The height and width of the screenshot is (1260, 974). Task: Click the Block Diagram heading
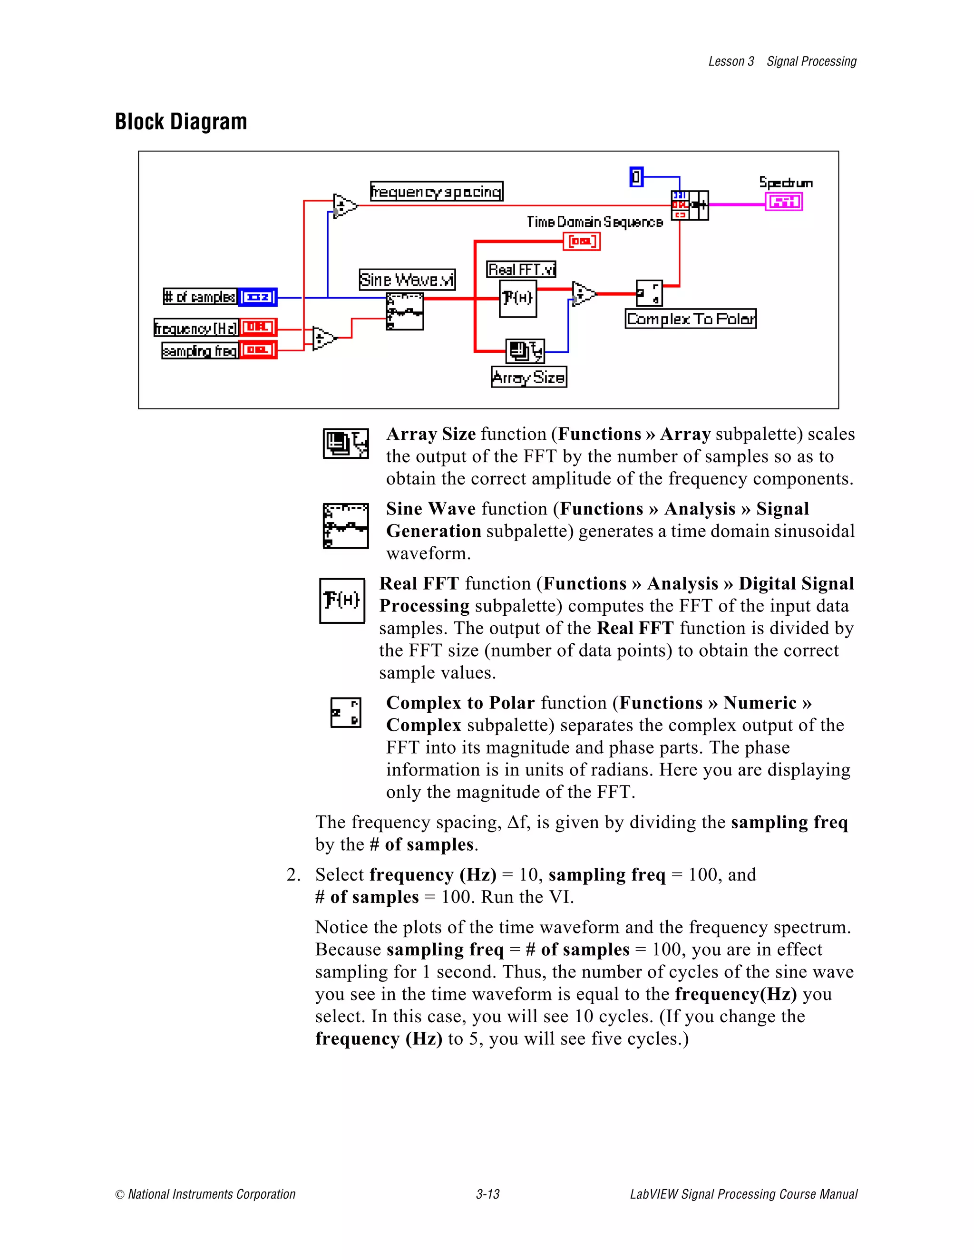[181, 122]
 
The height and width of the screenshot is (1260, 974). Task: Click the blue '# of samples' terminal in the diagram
[257, 297]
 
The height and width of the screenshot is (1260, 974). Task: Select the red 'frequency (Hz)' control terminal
[258, 328]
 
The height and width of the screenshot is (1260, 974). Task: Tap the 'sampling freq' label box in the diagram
[200, 351]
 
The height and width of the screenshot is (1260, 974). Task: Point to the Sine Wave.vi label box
[407, 280]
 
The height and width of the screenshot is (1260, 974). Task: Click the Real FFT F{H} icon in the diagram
[517, 298]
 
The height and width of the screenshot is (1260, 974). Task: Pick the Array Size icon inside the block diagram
[525, 351]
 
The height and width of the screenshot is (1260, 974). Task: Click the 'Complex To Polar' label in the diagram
[690, 319]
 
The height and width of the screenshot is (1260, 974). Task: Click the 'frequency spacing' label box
[436, 191]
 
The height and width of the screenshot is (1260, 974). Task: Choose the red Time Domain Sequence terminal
[582, 241]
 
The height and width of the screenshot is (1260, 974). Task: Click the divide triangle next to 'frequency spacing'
[344, 205]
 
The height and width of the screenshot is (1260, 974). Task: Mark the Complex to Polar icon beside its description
[346, 713]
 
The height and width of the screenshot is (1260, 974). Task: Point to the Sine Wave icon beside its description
[346, 525]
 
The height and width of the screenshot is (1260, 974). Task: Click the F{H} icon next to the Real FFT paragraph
[342, 601]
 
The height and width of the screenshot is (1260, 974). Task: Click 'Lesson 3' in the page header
[730, 62]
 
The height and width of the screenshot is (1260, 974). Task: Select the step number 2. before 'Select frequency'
[293, 874]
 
